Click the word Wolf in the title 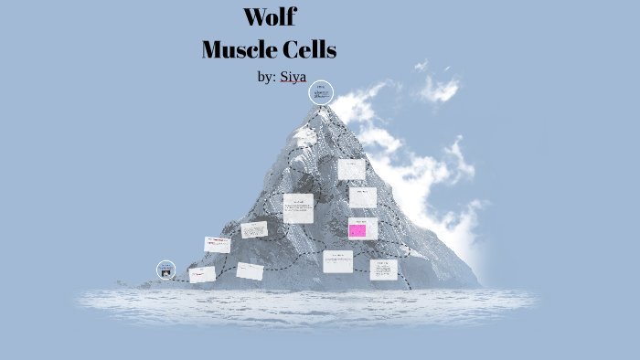click(269, 16)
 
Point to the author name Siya click(293, 77)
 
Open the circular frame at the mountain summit click(321, 92)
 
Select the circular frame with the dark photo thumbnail click(166, 270)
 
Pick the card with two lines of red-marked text click(218, 244)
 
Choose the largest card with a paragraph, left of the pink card click(298, 208)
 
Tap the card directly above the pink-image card click(363, 197)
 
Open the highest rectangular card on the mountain click(352, 169)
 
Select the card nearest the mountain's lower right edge click(384, 269)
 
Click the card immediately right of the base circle click(202, 274)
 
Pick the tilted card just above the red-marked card click(254, 229)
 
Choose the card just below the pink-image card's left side click(337, 261)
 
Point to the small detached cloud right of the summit click(438, 90)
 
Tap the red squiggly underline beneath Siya click(293, 84)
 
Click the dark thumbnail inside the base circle click(166, 272)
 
